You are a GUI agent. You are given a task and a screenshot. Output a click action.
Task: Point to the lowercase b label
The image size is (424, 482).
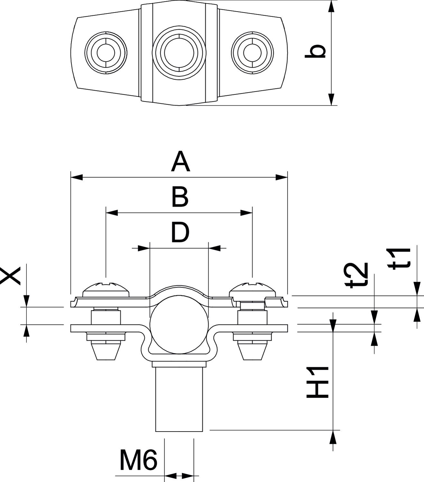[x=316, y=52]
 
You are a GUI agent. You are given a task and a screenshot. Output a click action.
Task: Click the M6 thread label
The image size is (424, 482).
[x=138, y=460]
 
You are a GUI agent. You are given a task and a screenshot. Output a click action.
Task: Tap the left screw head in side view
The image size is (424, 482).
[x=106, y=289]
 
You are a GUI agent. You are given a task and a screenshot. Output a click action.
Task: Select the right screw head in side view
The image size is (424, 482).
[x=253, y=289]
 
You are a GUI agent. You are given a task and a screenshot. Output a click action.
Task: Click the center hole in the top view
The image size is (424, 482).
[x=179, y=52]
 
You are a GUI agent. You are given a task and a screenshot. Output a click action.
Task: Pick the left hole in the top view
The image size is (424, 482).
[x=106, y=52]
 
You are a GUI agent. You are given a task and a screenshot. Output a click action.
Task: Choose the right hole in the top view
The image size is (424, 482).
[x=252, y=52]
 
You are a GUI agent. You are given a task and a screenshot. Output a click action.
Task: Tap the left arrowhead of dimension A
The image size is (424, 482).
[x=77, y=177]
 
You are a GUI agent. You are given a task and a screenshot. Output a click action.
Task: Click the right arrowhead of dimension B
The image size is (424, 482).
[x=246, y=212]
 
